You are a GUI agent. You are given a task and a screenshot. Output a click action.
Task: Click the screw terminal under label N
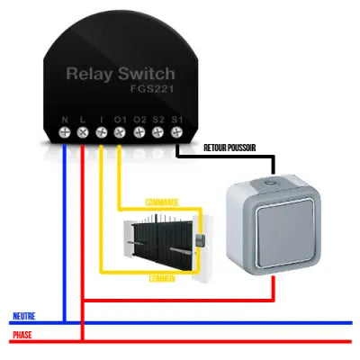65,132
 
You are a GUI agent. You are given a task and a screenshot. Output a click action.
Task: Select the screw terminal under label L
83,132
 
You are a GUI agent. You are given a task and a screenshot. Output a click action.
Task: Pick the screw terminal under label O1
121,132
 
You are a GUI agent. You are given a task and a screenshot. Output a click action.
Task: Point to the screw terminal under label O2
139,132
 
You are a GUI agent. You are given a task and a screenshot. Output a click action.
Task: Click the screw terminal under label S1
176,132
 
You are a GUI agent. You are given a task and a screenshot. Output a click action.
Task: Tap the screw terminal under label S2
158,132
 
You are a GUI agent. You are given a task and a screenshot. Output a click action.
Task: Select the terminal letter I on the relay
102,119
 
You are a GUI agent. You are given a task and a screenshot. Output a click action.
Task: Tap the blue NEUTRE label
24,316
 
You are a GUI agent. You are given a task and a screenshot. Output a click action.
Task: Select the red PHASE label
22,336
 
